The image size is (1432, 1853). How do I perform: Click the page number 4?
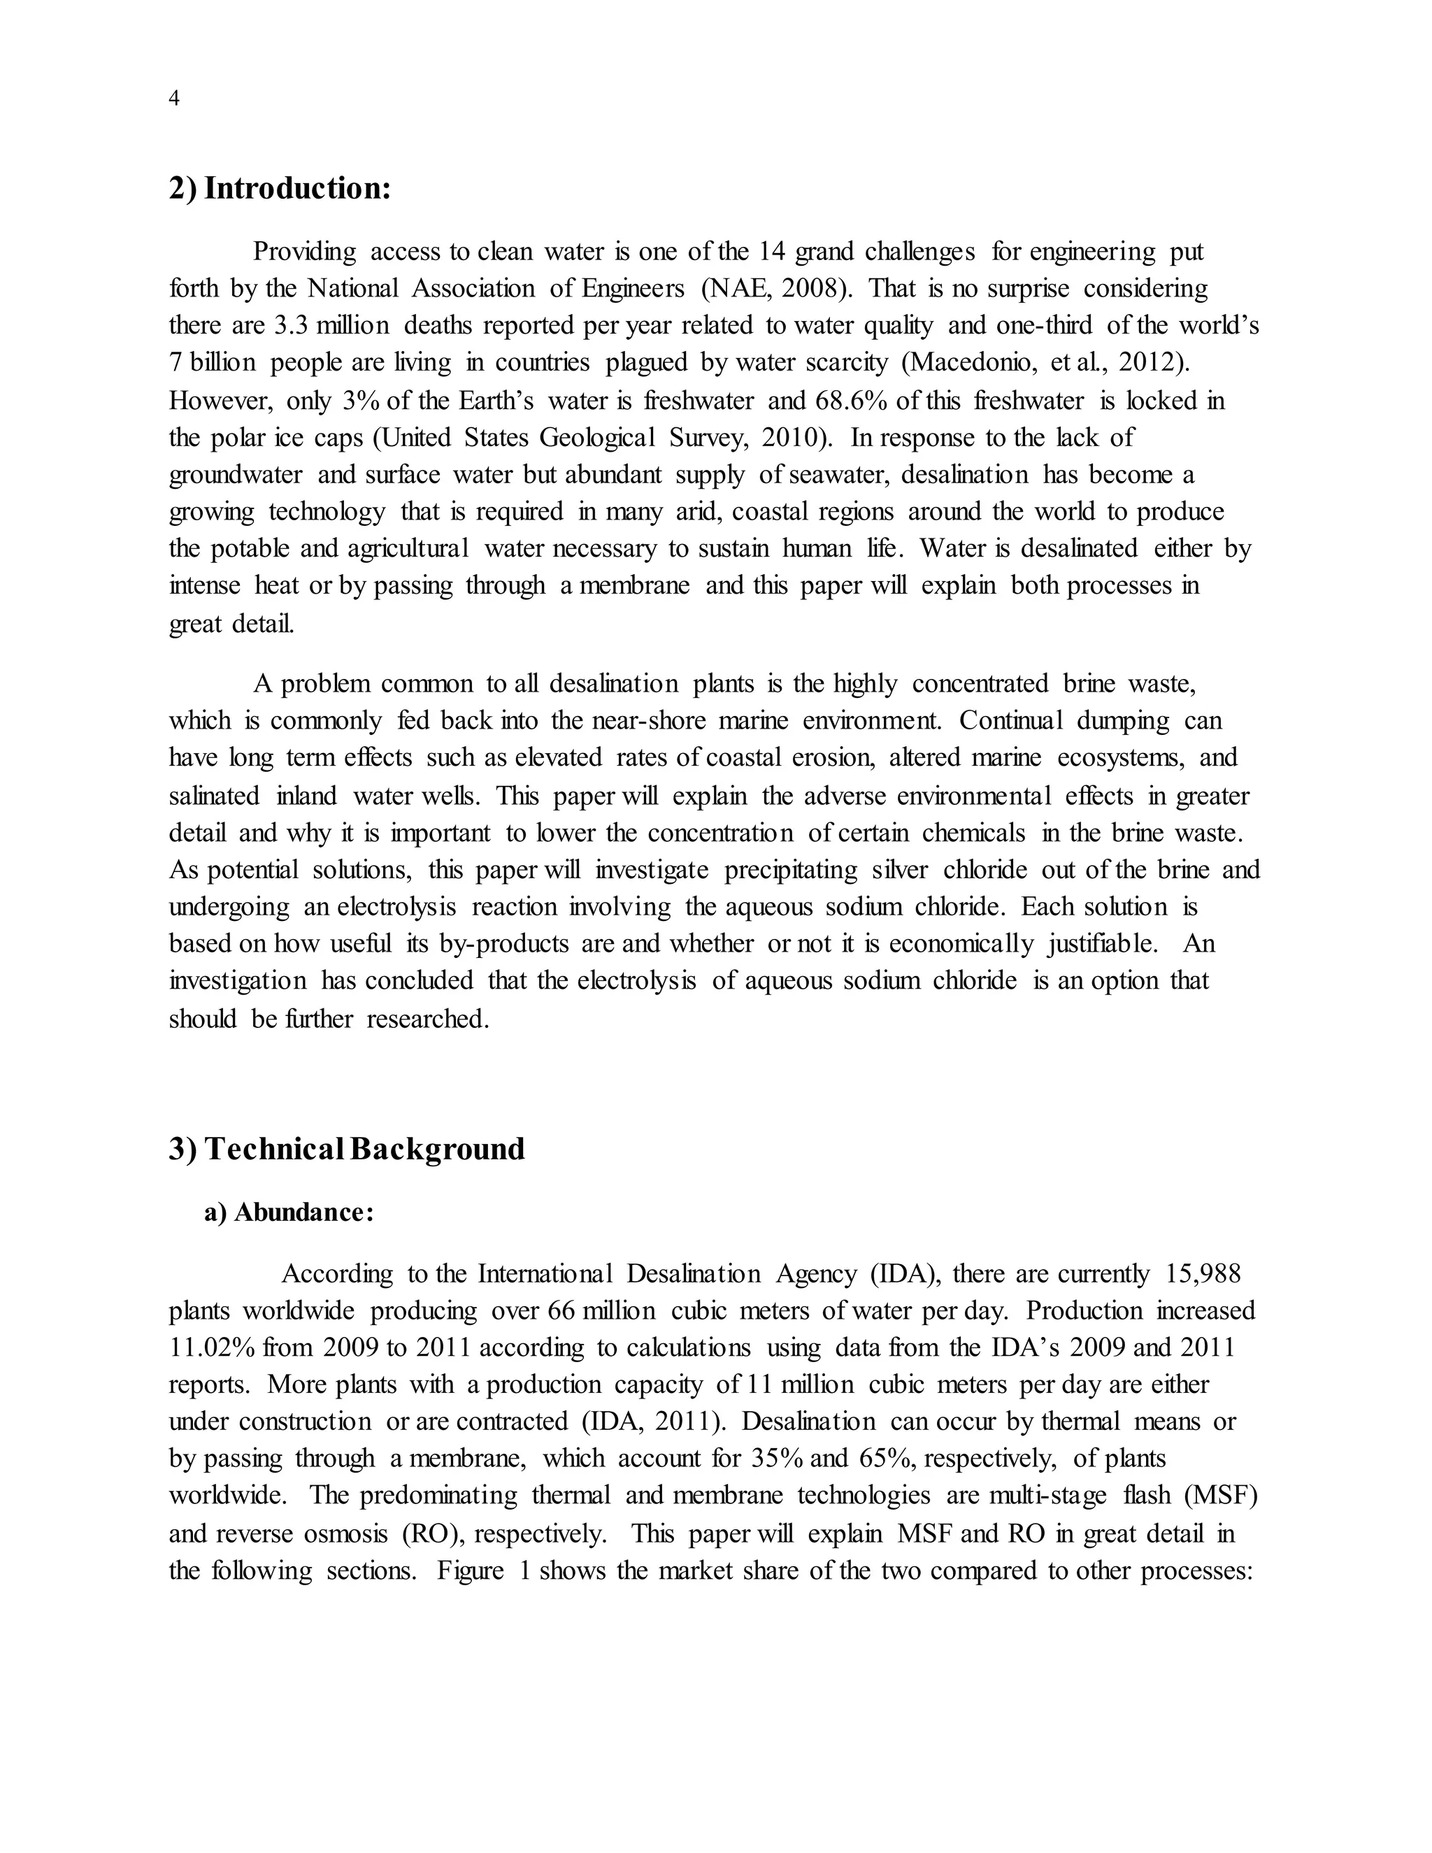coord(174,99)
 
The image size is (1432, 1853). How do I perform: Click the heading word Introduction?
coord(297,188)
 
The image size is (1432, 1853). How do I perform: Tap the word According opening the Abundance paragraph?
coord(337,1274)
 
